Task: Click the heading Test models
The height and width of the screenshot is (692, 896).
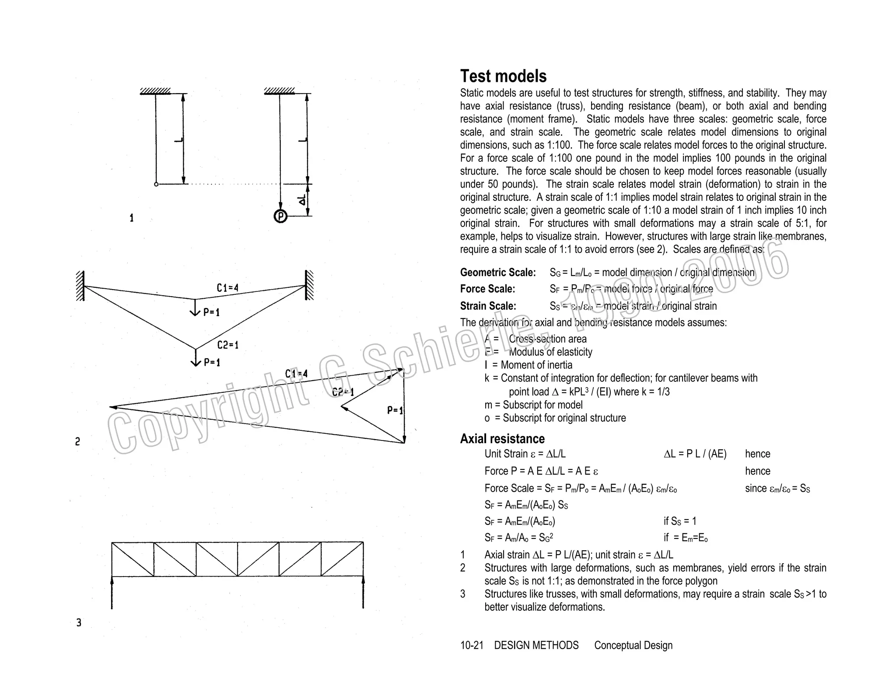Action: pyautogui.click(x=503, y=77)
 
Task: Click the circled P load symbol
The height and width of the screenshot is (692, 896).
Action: pyautogui.click(x=280, y=216)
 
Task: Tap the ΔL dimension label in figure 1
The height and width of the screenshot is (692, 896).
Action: pyautogui.click(x=302, y=200)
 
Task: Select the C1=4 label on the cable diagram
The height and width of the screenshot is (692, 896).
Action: pyautogui.click(x=227, y=288)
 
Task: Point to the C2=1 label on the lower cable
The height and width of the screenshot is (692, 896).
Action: pyautogui.click(x=228, y=345)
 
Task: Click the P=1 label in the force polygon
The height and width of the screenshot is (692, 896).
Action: pyautogui.click(x=395, y=410)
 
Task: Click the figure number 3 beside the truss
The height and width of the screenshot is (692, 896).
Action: pyautogui.click(x=79, y=622)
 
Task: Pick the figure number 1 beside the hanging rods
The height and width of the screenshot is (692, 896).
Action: pyautogui.click(x=131, y=218)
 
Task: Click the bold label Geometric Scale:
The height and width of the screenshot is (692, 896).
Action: pyautogui.click(x=498, y=273)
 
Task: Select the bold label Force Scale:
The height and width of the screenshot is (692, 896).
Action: pyautogui.click(x=487, y=289)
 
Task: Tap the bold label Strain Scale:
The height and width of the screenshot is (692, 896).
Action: pyautogui.click(x=488, y=306)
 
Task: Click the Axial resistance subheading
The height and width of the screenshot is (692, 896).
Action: pyautogui.click(x=502, y=439)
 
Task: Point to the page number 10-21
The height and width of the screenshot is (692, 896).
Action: pyautogui.click(x=472, y=645)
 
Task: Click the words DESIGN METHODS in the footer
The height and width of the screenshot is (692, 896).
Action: pyautogui.click(x=536, y=645)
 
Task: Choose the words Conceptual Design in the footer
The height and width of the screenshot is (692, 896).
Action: pyautogui.click(x=633, y=645)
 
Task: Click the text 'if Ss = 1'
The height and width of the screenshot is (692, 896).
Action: pyautogui.click(x=679, y=521)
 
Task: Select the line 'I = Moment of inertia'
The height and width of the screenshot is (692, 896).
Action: pyautogui.click(x=528, y=365)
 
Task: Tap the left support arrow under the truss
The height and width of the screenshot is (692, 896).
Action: pyautogui.click(x=112, y=593)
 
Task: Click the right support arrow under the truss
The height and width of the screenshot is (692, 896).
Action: pyautogui.click(x=363, y=593)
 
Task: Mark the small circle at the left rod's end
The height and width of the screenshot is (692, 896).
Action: pyautogui.click(x=156, y=184)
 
